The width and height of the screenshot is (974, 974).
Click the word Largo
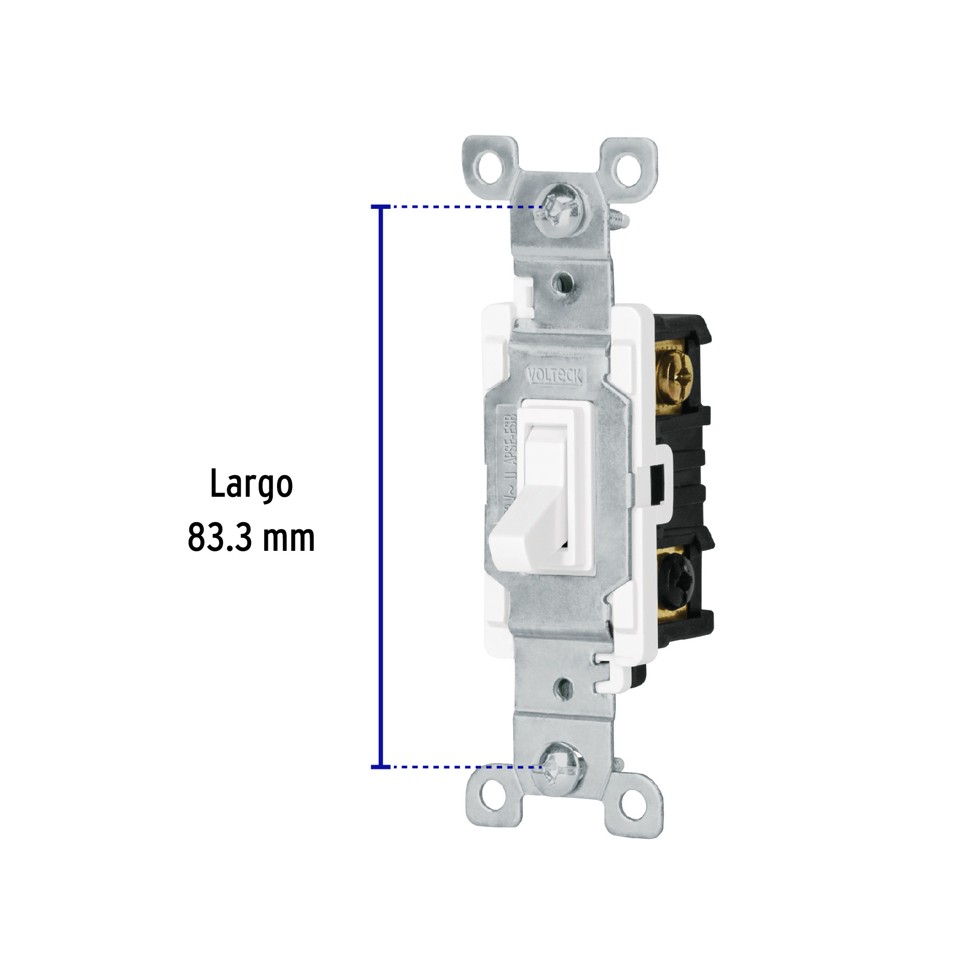(251, 485)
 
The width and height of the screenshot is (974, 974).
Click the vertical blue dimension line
(381, 487)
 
